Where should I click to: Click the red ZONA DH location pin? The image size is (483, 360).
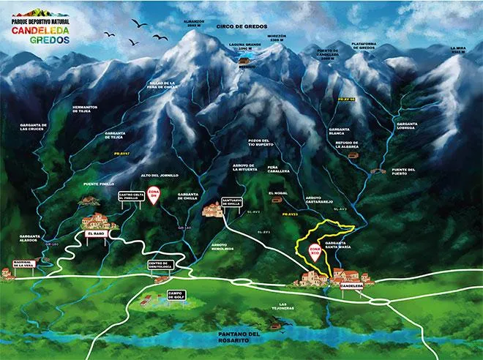[x=154, y=195]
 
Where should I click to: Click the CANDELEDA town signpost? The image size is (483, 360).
[x=352, y=286]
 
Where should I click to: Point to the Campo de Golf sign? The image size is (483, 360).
[x=176, y=295]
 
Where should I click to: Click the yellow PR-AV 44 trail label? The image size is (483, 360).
[x=346, y=98]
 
